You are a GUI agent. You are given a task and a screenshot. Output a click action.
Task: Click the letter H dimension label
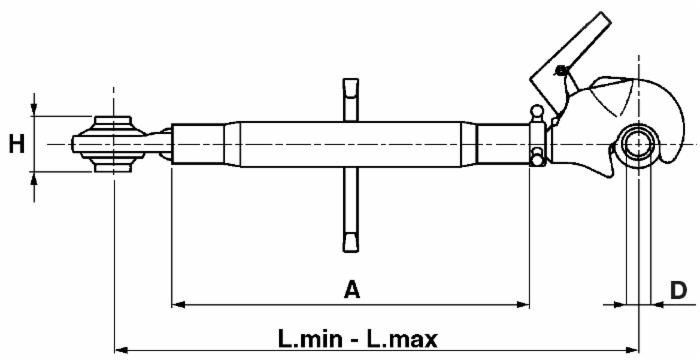tap(16, 144)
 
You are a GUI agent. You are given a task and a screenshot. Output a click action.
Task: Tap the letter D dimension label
tap(677, 290)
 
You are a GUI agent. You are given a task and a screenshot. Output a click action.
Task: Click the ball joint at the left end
tap(113, 144)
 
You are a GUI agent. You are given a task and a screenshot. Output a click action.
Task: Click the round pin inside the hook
tap(635, 145)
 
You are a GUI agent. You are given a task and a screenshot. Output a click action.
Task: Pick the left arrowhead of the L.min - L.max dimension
tap(123, 349)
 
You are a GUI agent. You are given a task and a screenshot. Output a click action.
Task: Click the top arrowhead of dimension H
tap(35, 109)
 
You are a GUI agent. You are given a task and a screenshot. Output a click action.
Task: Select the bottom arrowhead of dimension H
tap(35, 177)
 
